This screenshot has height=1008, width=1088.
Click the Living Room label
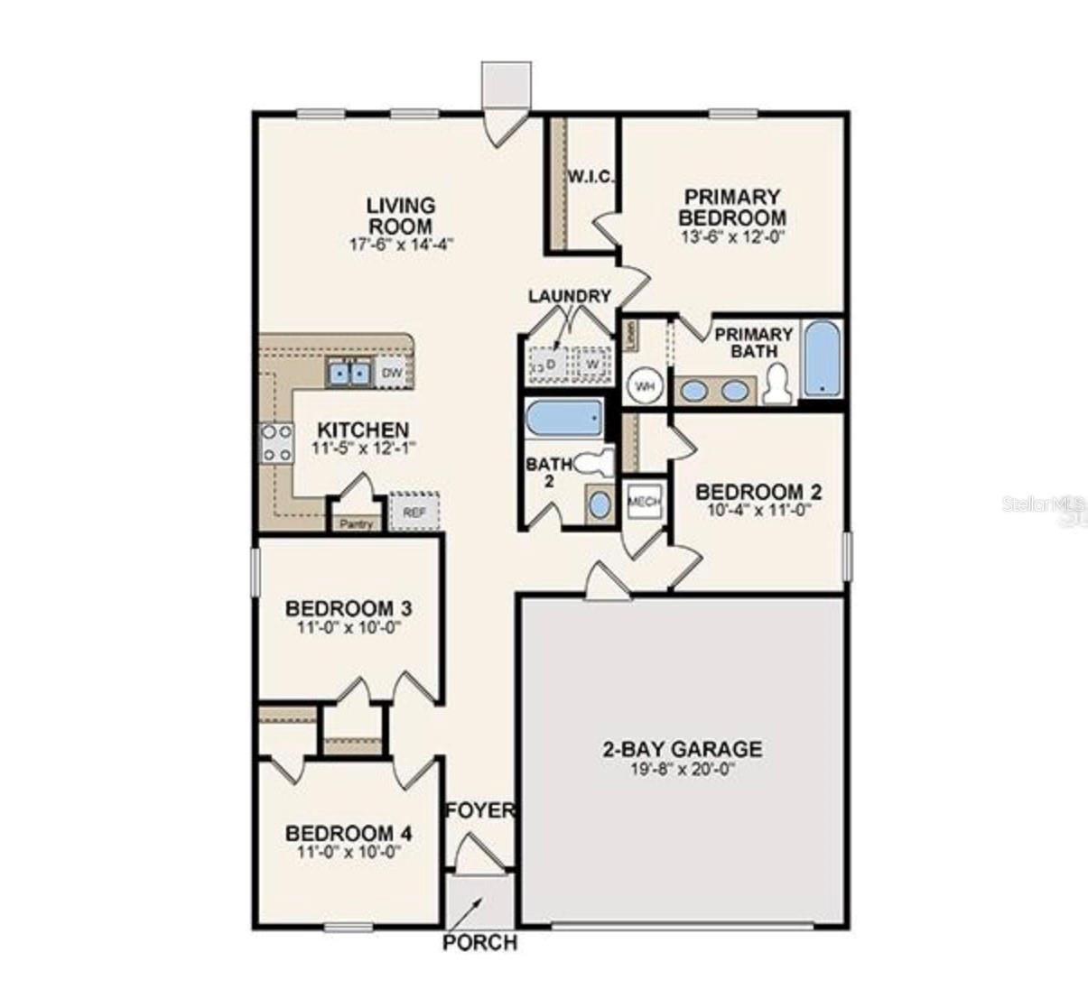[x=400, y=216]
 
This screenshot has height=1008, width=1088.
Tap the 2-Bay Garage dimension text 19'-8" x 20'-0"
[x=682, y=771]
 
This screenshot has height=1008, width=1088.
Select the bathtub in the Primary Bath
[x=823, y=358]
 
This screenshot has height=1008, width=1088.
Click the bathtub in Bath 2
[x=564, y=418]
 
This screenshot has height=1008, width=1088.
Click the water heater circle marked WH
[x=645, y=386]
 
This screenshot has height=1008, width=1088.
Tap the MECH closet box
[x=644, y=503]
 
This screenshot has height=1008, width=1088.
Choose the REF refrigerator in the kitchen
[x=414, y=512]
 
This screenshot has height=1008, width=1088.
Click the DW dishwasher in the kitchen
[x=392, y=372]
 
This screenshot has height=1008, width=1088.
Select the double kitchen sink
[x=349, y=372]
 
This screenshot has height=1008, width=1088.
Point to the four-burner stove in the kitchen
[x=276, y=443]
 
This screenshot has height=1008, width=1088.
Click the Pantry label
[x=358, y=523]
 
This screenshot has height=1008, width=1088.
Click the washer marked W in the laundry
[x=592, y=363]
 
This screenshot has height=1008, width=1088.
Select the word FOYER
[x=479, y=810]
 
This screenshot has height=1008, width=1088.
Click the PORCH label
[x=479, y=943]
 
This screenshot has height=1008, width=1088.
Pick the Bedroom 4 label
[x=349, y=833]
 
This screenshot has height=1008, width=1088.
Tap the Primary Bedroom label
[x=731, y=207]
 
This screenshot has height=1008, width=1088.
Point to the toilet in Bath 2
[x=592, y=463]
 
